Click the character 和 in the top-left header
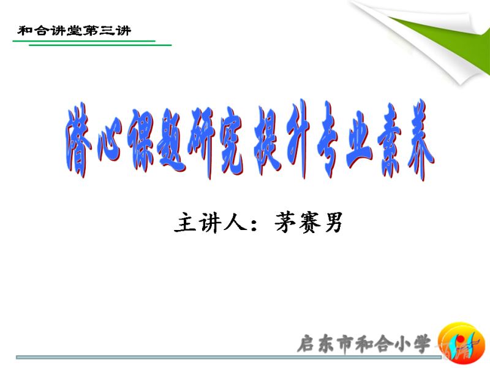click(25, 31)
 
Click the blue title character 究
click(232, 143)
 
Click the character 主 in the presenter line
click(185, 223)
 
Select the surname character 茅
click(285, 222)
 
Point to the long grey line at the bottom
click(228, 357)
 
